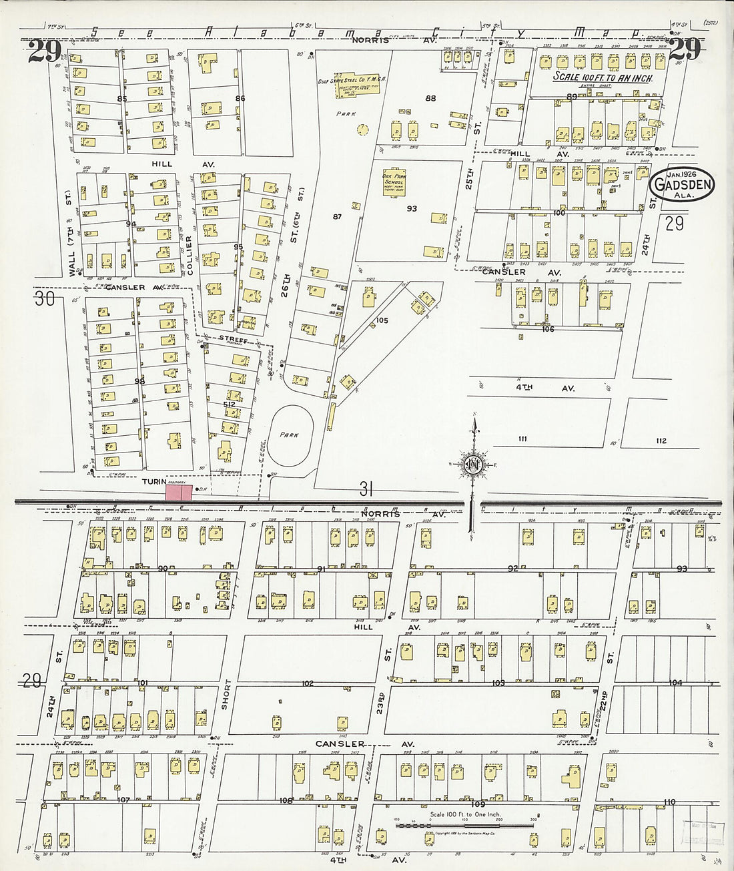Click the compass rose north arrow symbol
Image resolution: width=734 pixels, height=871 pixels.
[472, 464]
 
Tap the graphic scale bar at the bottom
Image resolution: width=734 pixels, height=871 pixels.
[464, 826]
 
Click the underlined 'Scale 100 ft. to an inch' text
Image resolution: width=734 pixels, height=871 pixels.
[603, 77]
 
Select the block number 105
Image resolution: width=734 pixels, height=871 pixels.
[381, 320]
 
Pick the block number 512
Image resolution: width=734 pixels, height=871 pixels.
[229, 404]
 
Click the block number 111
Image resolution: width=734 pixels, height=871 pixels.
[522, 439]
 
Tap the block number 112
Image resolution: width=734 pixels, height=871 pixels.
[661, 441]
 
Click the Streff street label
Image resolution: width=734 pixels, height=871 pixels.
[233, 339]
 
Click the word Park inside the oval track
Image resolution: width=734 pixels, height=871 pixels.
[289, 434]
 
